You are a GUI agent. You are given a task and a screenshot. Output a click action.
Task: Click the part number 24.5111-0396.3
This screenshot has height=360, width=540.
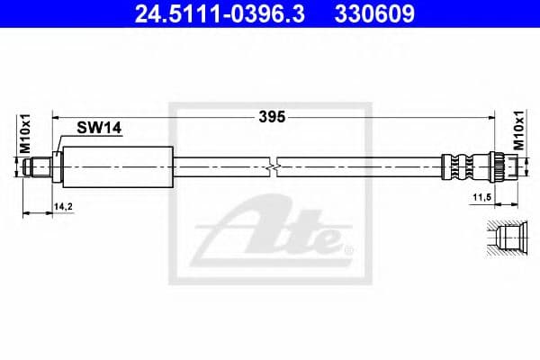pyautogui.click(x=210, y=14)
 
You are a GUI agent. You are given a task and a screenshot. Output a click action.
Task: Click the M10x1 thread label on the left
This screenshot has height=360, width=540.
pyautogui.click(x=26, y=136)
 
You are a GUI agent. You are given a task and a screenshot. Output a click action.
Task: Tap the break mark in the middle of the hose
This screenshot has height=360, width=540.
pyautogui.click(x=274, y=166)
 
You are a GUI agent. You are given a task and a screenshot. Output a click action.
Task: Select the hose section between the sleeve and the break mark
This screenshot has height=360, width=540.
pyautogui.click(x=220, y=166)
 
